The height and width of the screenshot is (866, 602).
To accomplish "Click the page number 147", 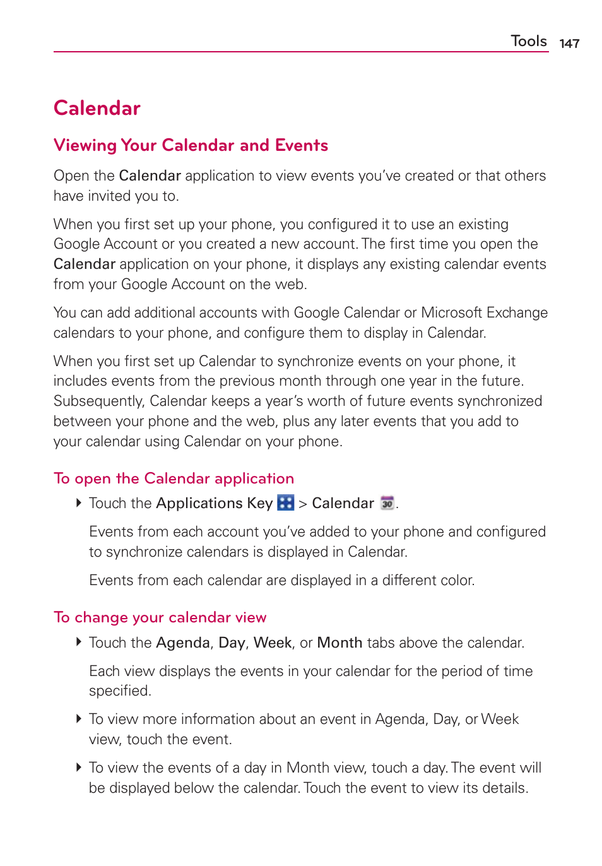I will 569,44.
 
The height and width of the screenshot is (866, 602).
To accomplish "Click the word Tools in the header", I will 528,41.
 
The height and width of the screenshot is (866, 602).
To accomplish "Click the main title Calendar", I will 97,109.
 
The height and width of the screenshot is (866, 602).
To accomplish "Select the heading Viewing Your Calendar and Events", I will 191,146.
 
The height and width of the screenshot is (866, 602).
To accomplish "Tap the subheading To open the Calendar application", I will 174,478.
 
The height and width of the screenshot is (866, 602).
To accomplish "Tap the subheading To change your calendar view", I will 160,617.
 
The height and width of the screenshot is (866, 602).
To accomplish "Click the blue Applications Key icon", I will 286,503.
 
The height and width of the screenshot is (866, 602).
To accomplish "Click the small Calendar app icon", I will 387,503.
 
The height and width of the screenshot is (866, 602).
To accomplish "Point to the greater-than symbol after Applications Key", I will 303,504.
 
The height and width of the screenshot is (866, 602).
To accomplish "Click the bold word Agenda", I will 182,643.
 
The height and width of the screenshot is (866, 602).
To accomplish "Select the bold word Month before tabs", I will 339,643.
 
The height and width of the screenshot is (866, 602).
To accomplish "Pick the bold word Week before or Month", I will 273,643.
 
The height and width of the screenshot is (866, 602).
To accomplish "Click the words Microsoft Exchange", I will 484,313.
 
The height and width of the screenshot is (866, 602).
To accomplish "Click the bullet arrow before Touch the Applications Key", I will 79,503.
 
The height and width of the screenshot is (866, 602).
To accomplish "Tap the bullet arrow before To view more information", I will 79,719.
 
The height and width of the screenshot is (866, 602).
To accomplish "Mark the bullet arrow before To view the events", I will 79,768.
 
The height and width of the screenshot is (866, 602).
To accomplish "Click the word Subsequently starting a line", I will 99,401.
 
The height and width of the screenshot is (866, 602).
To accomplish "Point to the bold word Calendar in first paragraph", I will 150,176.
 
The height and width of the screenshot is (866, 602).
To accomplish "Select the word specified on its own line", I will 120,691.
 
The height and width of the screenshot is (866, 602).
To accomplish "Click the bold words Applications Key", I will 214,504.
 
